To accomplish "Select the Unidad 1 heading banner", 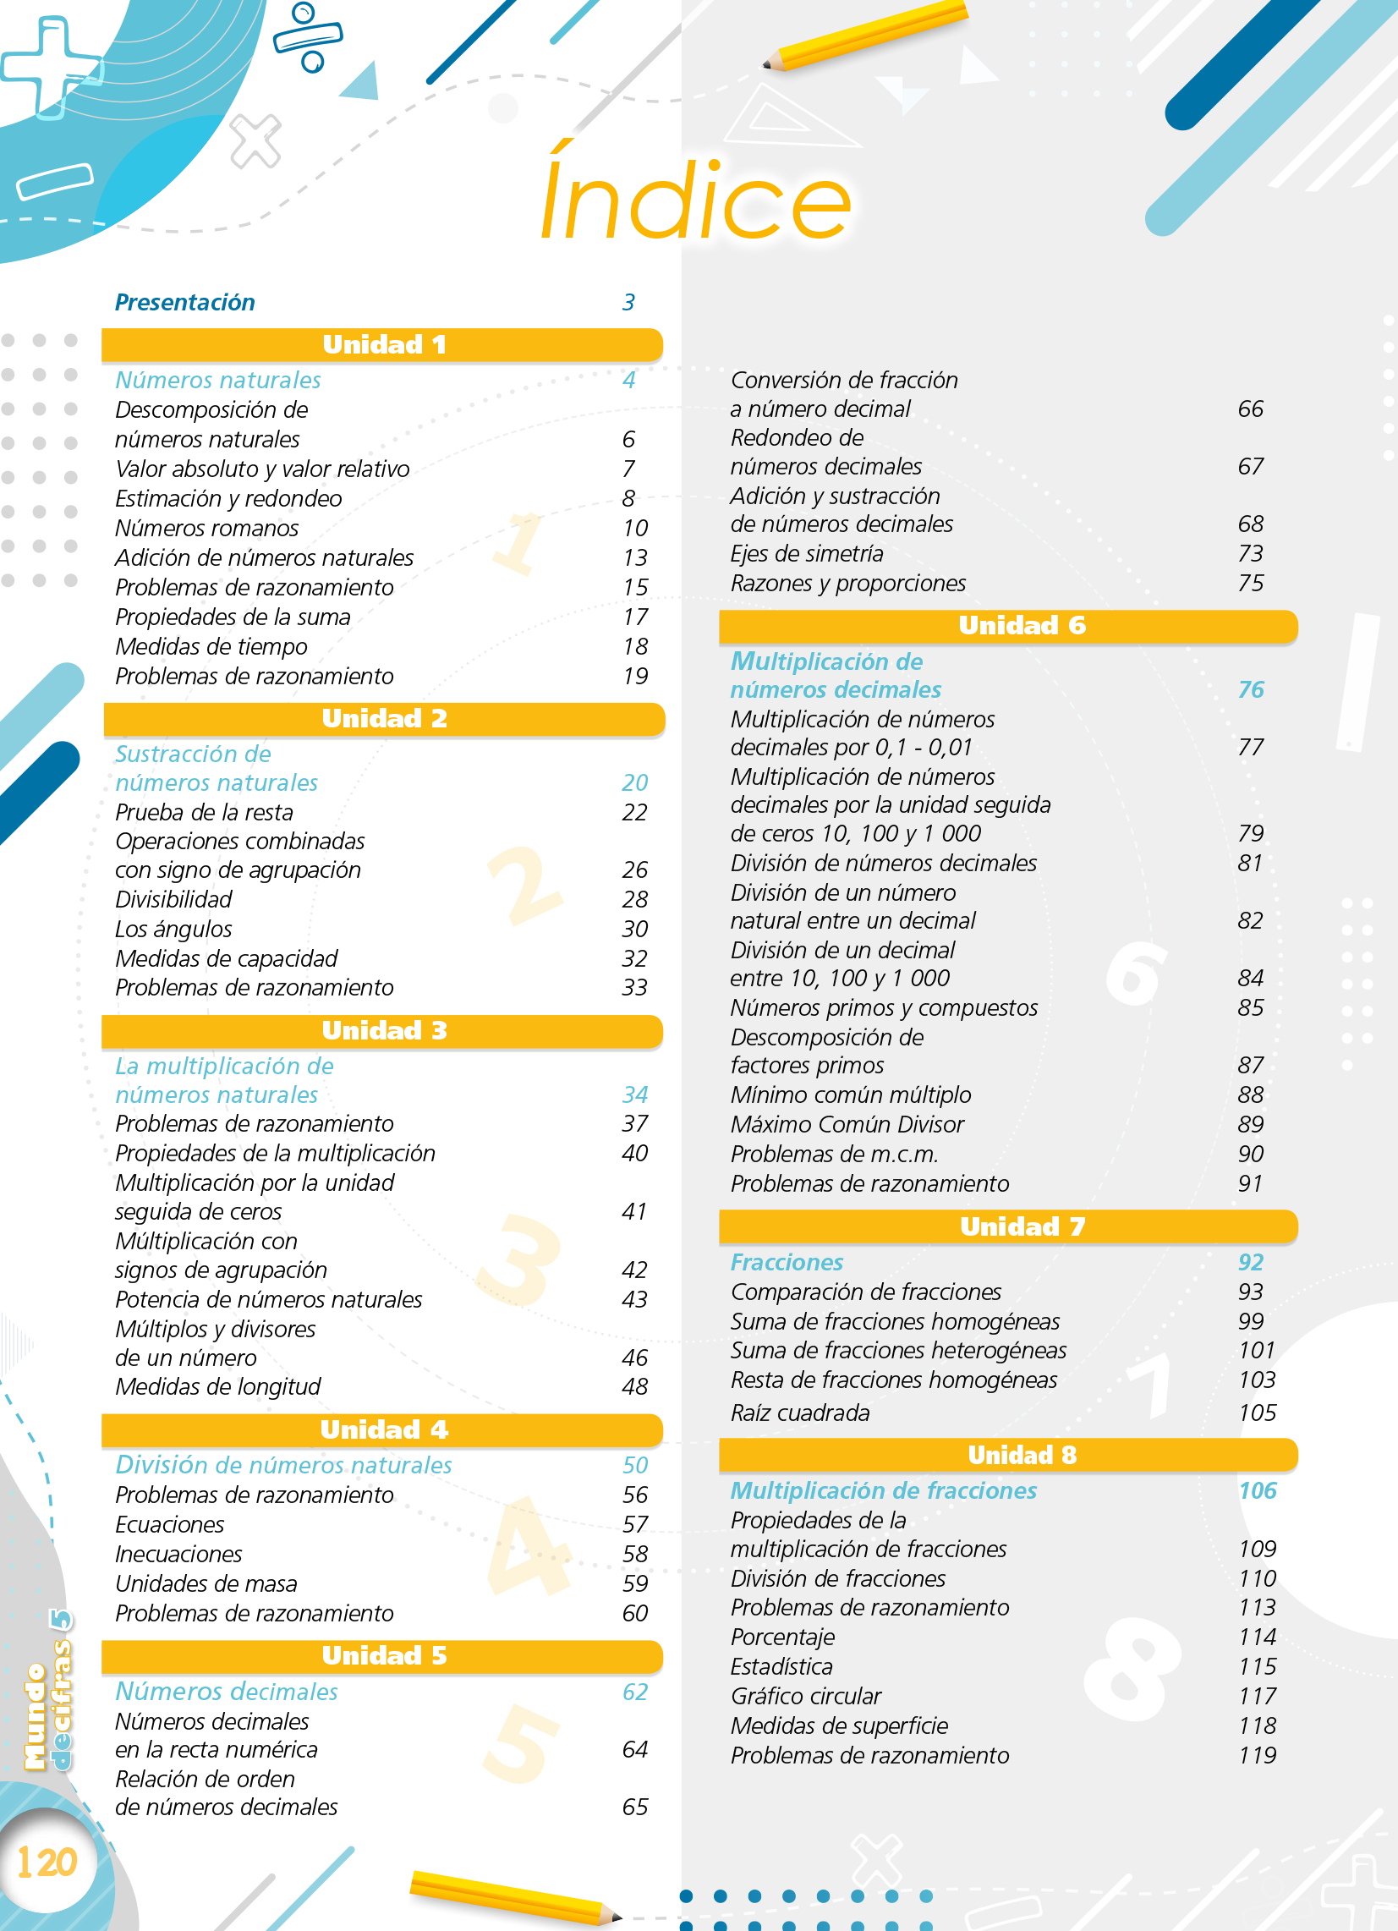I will (382, 345).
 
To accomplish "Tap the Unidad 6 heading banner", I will (1008, 626).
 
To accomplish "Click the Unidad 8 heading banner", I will (1008, 1455).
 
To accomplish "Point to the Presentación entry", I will (184, 302).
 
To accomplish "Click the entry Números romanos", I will (207, 529).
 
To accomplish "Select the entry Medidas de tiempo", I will (211, 647).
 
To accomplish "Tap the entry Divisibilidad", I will (173, 900).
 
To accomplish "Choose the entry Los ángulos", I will (173, 929).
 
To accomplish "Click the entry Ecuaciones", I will (169, 1525).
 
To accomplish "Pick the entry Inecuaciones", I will (178, 1555).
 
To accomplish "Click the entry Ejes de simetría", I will (806, 554).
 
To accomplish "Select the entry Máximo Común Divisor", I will (847, 1125).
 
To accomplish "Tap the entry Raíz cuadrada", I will (799, 1413).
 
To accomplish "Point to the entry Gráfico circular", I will (805, 1696).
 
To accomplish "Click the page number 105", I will (1257, 1413).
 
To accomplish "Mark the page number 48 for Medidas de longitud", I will (634, 1387).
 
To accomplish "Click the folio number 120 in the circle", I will (47, 1861).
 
